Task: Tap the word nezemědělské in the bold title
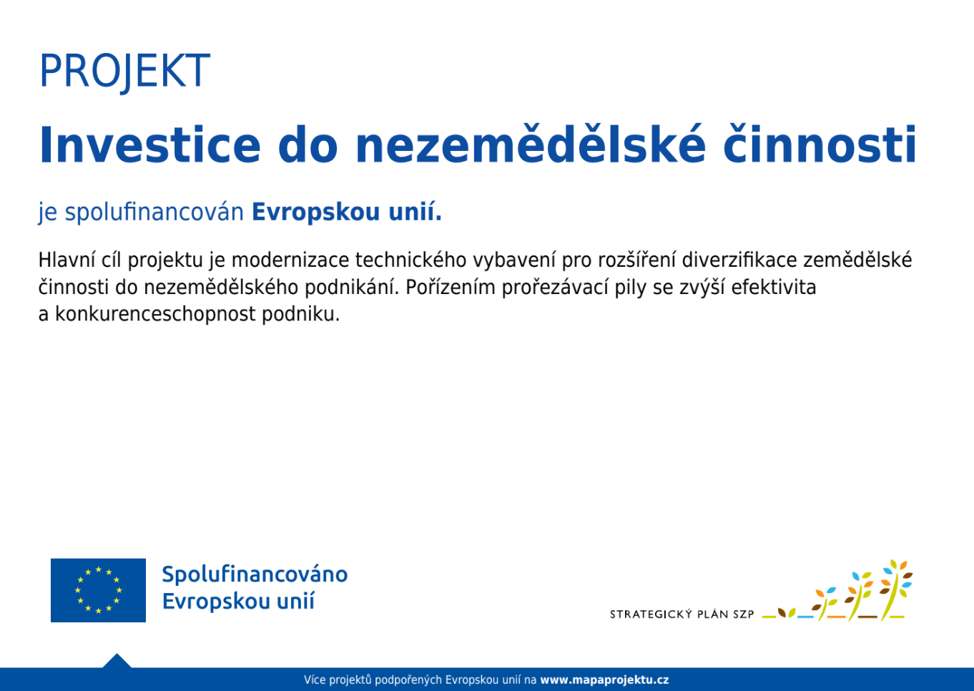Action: [530, 143]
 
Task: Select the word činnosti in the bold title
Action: [820, 143]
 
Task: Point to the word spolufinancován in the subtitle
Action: [154, 213]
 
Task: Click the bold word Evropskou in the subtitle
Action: [315, 213]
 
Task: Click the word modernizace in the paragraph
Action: [290, 260]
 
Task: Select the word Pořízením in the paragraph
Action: [451, 288]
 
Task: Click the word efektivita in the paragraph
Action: [774, 288]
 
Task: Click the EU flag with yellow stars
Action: [98, 590]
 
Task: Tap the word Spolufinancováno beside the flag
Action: [255, 575]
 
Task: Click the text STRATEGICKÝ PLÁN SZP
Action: [682, 614]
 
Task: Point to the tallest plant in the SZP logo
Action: [895, 590]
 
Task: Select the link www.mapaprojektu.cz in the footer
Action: [604, 680]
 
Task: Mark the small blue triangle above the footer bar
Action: [117, 661]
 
